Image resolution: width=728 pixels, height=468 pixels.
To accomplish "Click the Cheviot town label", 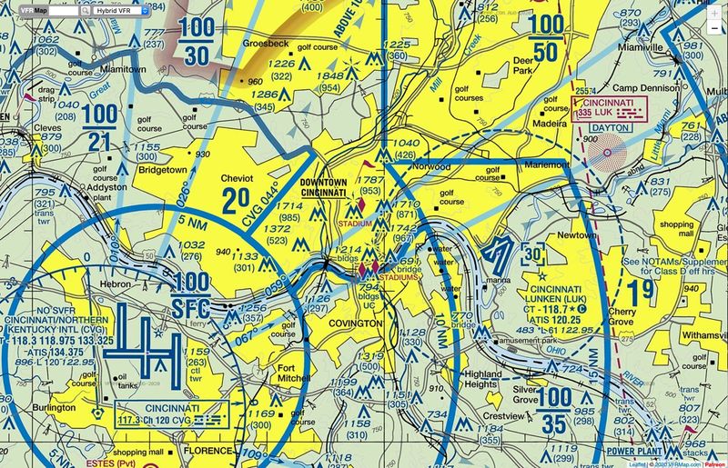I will pyautogui.click(x=239, y=179).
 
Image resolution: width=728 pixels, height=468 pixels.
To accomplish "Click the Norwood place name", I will pyautogui.click(x=430, y=167).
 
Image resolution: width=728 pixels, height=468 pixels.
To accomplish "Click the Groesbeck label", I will pyautogui.click(x=267, y=43).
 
